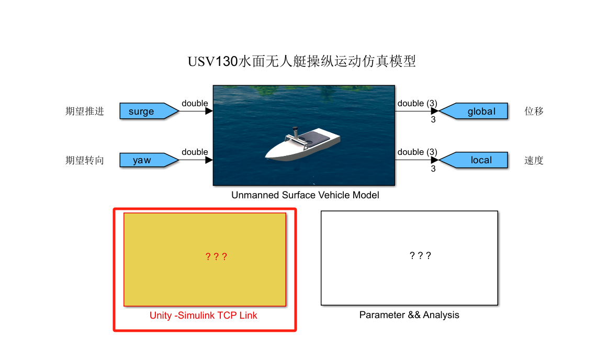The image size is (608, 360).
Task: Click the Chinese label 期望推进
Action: [x=85, y=111]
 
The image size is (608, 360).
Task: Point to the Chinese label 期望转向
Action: [x=85, y=161]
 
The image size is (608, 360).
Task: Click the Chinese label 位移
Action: [x=534, y=111]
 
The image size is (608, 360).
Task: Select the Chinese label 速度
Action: [x=534, y=161]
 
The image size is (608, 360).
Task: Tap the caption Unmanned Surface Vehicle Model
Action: [x=305, y=195]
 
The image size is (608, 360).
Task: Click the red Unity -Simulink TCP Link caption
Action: [x=204, y=315]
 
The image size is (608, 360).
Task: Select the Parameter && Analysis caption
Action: [x=409, y=315]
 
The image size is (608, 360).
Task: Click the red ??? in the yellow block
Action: [x=216, y=257]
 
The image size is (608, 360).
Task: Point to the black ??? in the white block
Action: [x=421, y=256]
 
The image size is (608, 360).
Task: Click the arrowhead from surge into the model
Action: [x=209, y=111]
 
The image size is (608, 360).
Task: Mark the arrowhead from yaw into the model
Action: [x=209, y=160]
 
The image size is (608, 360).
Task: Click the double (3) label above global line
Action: [x=417, y=103]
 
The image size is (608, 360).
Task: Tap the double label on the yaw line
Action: [x=195, y=152]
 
